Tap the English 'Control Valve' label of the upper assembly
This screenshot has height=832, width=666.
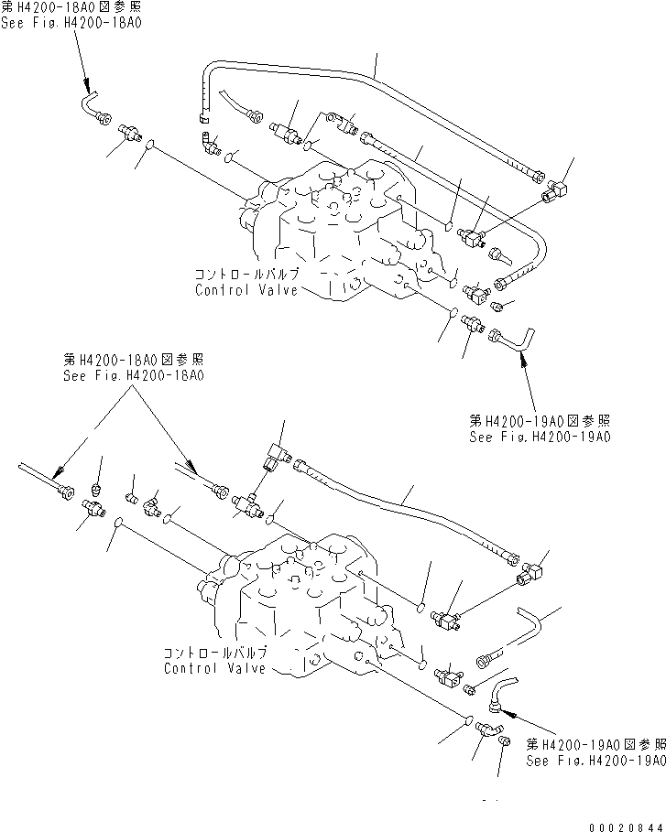click(246, 290)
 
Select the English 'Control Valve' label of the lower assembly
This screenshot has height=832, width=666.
click(215, 668)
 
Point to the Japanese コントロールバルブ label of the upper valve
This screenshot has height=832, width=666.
click(246, 275)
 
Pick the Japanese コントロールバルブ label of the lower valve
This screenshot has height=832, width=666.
click(215, 654)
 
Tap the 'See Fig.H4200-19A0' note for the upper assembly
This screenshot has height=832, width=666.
click(540, 438)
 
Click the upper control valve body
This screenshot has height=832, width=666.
click(339, 229)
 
